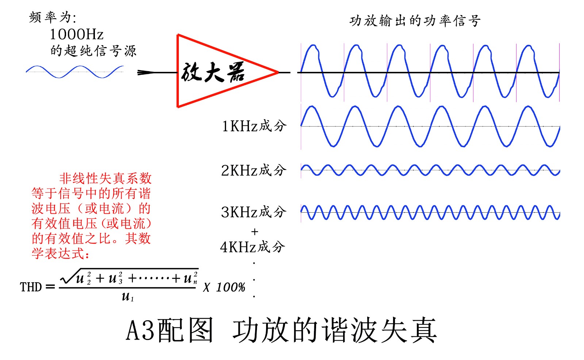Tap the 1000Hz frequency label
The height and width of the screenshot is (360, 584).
click(x=77, y=34)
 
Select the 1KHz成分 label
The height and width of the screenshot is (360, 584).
click(x=254, y=126)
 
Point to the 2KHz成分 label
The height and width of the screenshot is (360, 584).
click(x=254, y=170)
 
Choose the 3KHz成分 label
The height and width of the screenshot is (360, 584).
click(x=254, y=212)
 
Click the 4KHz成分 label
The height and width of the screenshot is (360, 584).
click(x=252, y=247)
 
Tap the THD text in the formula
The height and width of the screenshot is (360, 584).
click(x=31, y=287)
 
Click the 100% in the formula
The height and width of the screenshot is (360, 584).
click(x=231, y=287)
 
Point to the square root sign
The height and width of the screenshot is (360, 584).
click(x=68, y=277)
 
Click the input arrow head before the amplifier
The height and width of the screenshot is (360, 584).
click(x=146, y=73)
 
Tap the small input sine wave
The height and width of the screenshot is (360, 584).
click(x=75, y=72)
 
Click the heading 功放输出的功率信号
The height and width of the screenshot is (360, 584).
click(x=415, y=21)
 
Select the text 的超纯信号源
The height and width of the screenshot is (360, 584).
click(x=93, y=51)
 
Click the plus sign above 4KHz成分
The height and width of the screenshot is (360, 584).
click(x=255, y=232)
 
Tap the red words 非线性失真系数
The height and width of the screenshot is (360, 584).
click(x=105, y=178)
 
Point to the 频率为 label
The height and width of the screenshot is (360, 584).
click(x=53, y=17)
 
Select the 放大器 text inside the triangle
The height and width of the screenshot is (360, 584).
click(x=213, y=72)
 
